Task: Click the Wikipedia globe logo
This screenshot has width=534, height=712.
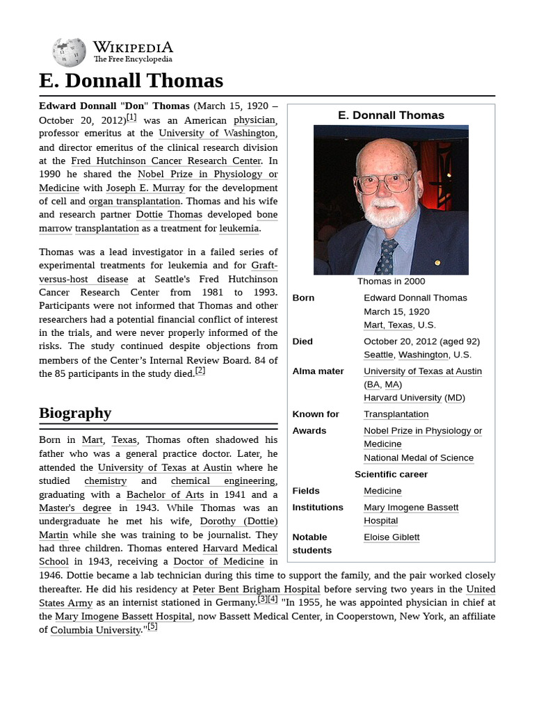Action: coord(69,52)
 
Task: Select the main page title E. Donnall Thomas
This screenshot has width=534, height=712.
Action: coord(131,81)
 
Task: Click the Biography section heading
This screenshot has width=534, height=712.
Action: coord(75,413)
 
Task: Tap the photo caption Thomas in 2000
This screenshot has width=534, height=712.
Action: coord(391,281)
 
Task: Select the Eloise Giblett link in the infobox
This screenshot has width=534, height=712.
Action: coord(391,537)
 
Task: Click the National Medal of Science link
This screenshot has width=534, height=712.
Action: coord(419,458)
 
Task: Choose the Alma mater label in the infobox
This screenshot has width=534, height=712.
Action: coord(318,371)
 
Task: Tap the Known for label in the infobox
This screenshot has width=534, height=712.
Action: coord(316,414)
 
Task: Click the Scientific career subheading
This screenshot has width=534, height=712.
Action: coord(391,474)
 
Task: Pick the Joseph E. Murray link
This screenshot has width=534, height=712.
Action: coord(145,188)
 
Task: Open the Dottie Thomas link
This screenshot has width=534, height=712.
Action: coord(169,215)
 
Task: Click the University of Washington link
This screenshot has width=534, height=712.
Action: coord(217,133)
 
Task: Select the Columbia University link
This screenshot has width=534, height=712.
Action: coord(95,630)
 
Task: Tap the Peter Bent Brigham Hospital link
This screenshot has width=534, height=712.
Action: coord(257,589)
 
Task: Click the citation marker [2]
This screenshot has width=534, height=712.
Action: coord(200,371)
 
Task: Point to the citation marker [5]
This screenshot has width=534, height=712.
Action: coord(152,626)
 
